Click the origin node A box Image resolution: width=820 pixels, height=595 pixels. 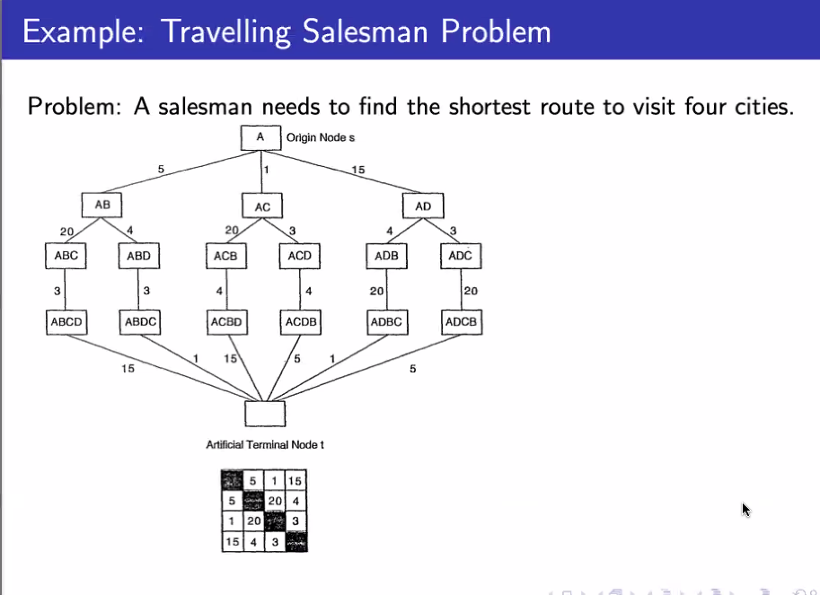coord(260,138)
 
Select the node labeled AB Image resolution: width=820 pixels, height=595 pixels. coord(102,206)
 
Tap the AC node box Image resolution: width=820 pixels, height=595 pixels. coord(262,206)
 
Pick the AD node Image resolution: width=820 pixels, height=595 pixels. coord(424,206)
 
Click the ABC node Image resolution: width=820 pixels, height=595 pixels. coord(66,256)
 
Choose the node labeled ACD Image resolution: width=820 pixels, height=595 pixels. coord(300,256)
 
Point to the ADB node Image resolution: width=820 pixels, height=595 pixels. coord(387,256)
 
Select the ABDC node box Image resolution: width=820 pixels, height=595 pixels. coord(141,321)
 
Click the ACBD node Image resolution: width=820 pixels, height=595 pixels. coord(228,321)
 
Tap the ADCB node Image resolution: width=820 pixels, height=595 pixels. coord(462,321)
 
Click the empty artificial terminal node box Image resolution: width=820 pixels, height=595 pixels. coord(265,414)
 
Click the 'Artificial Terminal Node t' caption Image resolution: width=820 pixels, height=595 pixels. coord(265,445)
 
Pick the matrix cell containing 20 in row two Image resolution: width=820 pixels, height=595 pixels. coord(275,501)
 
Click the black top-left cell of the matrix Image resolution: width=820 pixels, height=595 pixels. coord(232,480)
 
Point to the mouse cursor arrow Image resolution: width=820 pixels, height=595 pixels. coord(745,509)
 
